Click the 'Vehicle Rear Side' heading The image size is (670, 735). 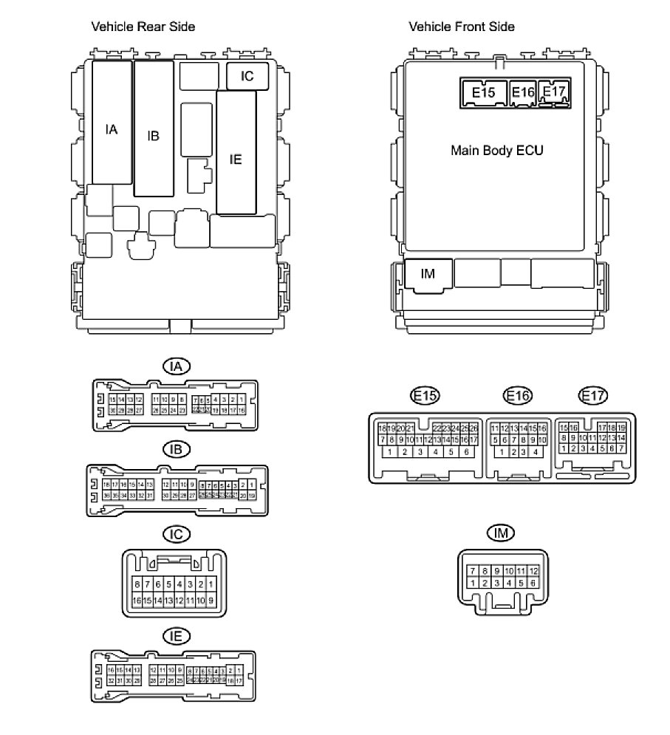click(143, 27)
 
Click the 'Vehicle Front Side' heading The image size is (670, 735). click(462, 27)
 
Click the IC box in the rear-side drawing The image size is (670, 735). click(247, 75)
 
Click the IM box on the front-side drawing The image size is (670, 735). click(427, 274)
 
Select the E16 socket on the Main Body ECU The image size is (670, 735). click(522, 92)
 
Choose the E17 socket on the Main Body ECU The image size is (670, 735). click(553, 91)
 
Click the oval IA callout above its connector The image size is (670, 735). click(176, 366)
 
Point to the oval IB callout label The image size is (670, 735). click(176, 450)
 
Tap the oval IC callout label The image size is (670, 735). click(176, 534)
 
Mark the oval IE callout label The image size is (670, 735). click(176, 635)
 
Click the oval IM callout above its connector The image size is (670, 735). click(501, 533)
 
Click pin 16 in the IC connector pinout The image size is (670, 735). click(137, 601)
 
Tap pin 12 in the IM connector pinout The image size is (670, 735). click(533, 571)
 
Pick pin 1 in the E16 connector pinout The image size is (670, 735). click(503, 452)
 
